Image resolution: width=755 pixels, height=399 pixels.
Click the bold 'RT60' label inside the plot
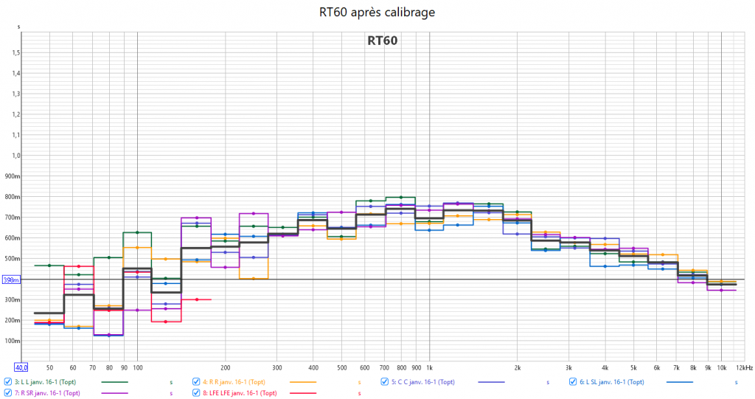click(x=382, y=41)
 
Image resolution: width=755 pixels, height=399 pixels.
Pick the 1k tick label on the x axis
click(x=429, y=367)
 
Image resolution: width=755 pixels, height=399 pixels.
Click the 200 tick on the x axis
click(x=226, y=367)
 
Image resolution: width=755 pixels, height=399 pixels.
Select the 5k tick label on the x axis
click(x=633, y=367)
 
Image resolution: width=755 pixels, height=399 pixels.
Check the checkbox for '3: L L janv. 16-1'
click(x=7, y=382)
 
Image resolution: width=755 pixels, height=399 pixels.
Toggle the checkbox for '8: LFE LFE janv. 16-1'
click(x=196, y=393)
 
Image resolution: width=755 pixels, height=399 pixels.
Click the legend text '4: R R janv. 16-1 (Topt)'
click(x=237, y=382)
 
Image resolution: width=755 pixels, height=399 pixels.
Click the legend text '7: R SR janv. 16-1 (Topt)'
click(x=50, y=393)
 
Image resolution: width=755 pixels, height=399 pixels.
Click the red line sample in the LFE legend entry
click(x=303, y=394)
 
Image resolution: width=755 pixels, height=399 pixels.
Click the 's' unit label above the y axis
click(x=19, y=27)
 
